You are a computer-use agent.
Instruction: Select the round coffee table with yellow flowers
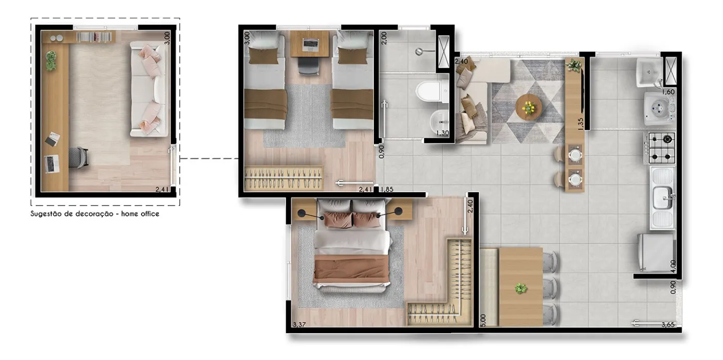coord(529,107)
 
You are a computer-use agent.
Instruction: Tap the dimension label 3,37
coord(299,324)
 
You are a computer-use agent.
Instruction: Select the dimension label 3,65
coord(668,324)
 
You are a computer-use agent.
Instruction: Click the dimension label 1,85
coord(387,189)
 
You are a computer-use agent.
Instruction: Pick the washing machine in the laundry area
coord(660,108)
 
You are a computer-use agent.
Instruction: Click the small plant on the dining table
coord(521,288)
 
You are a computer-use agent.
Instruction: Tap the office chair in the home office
coord(78,158)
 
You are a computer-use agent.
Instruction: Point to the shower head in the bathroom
coord(419,51)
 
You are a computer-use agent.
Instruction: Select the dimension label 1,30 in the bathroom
coord(443,133)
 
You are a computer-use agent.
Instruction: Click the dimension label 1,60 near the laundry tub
coord(668,92)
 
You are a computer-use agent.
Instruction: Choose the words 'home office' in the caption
coord(140,214)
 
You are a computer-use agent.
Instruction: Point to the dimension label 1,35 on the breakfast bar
coord(580,124)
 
